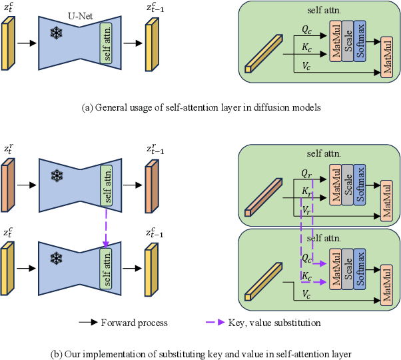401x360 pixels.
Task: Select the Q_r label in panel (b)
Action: pyautogui.click(x=306, y=173)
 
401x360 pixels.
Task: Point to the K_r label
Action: pyautogui.click(x=306, y=191)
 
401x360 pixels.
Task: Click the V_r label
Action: pyautogui.click(x=306, y=209)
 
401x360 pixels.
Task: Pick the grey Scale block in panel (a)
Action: pyautogui.click(x=347, y=41)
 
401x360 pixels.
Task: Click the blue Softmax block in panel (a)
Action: pyautogui.click(x=360, y=41)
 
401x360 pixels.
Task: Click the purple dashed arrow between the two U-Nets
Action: pyautogui.click(x=107, y=225)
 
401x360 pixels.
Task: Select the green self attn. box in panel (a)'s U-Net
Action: pyautogui.click(x=107, y=44)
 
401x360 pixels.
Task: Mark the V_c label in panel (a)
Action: pyautogui.click(x=306, y=66)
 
